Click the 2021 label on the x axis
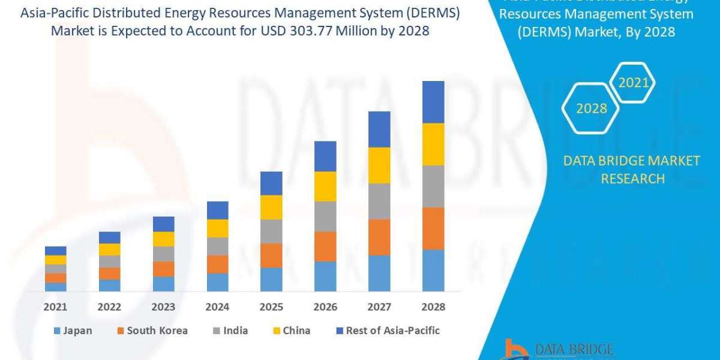click(55, 307)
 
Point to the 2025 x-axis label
click(271, 307)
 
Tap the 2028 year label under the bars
click(433, 307)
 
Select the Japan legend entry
click(73, 331)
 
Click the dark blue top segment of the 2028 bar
click(433, 102)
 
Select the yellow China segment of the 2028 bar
click(433, 144)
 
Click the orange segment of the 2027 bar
click(379, 237)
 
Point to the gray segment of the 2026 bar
click(325, 216)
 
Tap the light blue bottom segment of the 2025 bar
click(271, 279)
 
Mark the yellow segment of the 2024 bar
click(217, 228)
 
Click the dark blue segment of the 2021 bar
click(55, 251)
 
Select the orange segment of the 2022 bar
click(109, 274)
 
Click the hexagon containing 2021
click(633, 83)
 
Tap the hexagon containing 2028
click(591, 109)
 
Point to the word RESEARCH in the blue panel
click(632, 178)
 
